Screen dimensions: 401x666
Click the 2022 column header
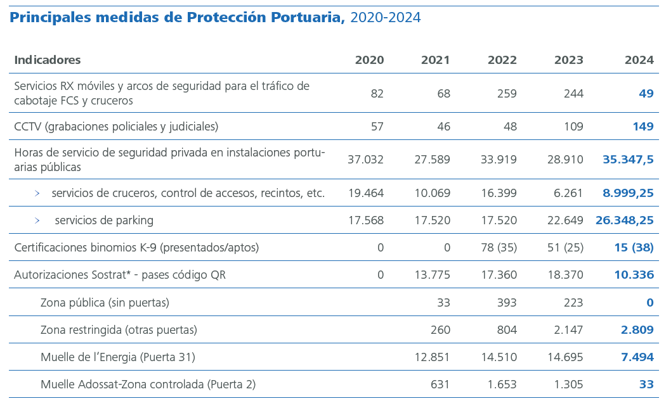(x=502, y=60)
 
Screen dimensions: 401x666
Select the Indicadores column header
(x=48, y=60)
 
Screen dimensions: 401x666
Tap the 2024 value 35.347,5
(x=628, y=160)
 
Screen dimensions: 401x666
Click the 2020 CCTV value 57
(x=377, y=127)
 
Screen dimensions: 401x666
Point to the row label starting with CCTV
(x=116, y=127)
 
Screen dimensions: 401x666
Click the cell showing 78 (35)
(x=499, y=248)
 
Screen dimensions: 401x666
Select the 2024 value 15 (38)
(x=634, y=248)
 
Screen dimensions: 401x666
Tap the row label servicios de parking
(x=104, y=220)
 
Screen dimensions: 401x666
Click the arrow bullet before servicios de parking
(x=37, y=220)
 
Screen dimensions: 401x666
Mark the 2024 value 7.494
(x=637, y=357)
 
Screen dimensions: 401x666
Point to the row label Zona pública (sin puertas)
(x=105, y=303)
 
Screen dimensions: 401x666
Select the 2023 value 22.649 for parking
(x=565, y=220)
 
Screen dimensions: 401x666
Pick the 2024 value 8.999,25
(x=628, y=193)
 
